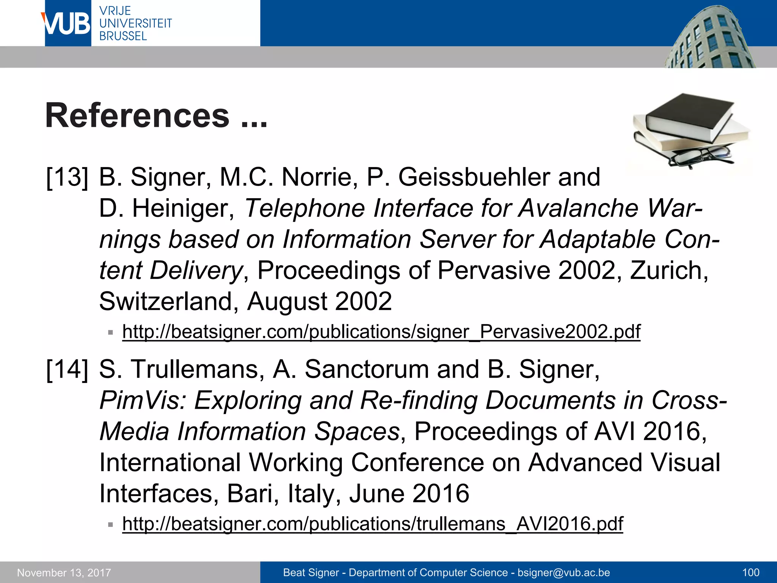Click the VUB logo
pyautogui.click(x=68, y=24)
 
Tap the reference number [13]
pyautogui.click(x=67, y=177)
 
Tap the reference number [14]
pyautogui.click(x=67, y=369)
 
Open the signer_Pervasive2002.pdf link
pyautogui.click(x=381, y=332)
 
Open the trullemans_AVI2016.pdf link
pyautogui.click(x=372, y=524)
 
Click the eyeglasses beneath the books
pyautogui.click(x=700, y=156)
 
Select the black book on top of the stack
pyautogui.click(x=689, y=116)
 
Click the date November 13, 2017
pyautogui.click(x=64, y=573)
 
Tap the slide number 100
pyautogui.click(x=750, y=573)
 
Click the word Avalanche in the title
pyautogui.click(x=579, y=208)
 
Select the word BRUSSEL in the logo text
pyautogui.click(x=123, y=36)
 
